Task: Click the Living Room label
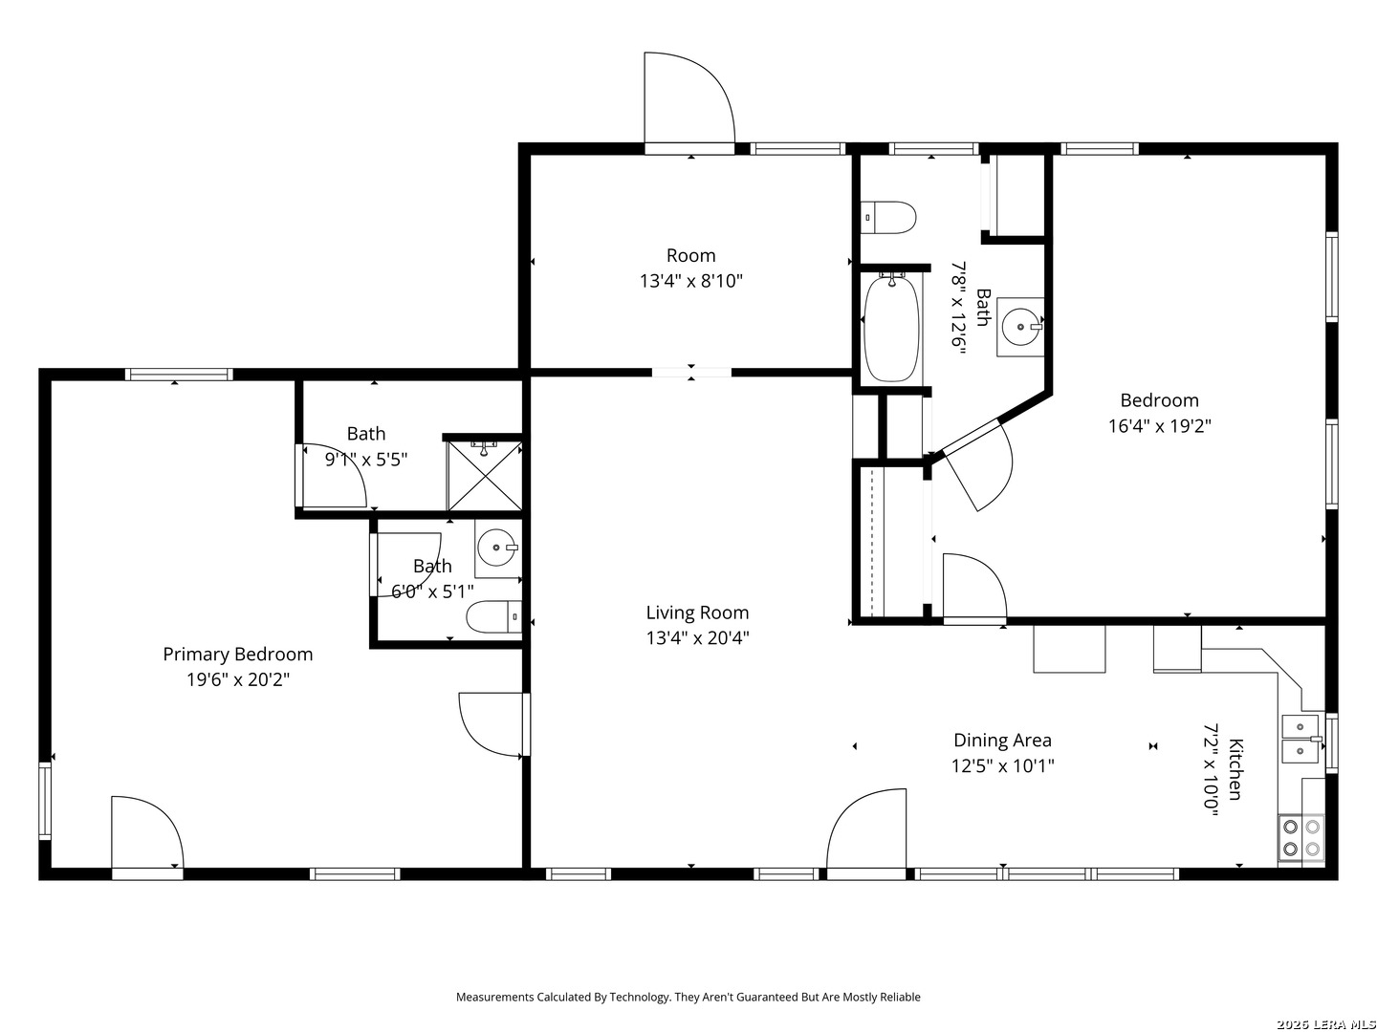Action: (x=697, y=613)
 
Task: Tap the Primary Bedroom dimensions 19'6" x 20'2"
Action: (x=238, y=679)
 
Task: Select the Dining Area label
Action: (x=1002, y=740)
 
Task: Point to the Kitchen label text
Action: (x=1235, y=769)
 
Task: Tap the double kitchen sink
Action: (x=1301, y=740)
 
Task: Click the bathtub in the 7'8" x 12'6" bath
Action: (x=891, y=329)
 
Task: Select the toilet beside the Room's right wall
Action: (x=887, y=218)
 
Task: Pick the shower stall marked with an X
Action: (x=485, y=476)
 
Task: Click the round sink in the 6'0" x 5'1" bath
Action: (x=497, y=548)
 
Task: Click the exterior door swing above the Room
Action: (x=689, y=97)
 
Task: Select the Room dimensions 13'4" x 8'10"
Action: (x=690, y=281)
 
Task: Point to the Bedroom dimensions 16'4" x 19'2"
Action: (x=1159, y=426)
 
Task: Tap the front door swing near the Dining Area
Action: (x=865, y=828)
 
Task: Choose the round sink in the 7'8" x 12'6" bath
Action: (x=1020, y=327)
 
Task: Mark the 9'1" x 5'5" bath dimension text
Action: (x=365, y=460)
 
